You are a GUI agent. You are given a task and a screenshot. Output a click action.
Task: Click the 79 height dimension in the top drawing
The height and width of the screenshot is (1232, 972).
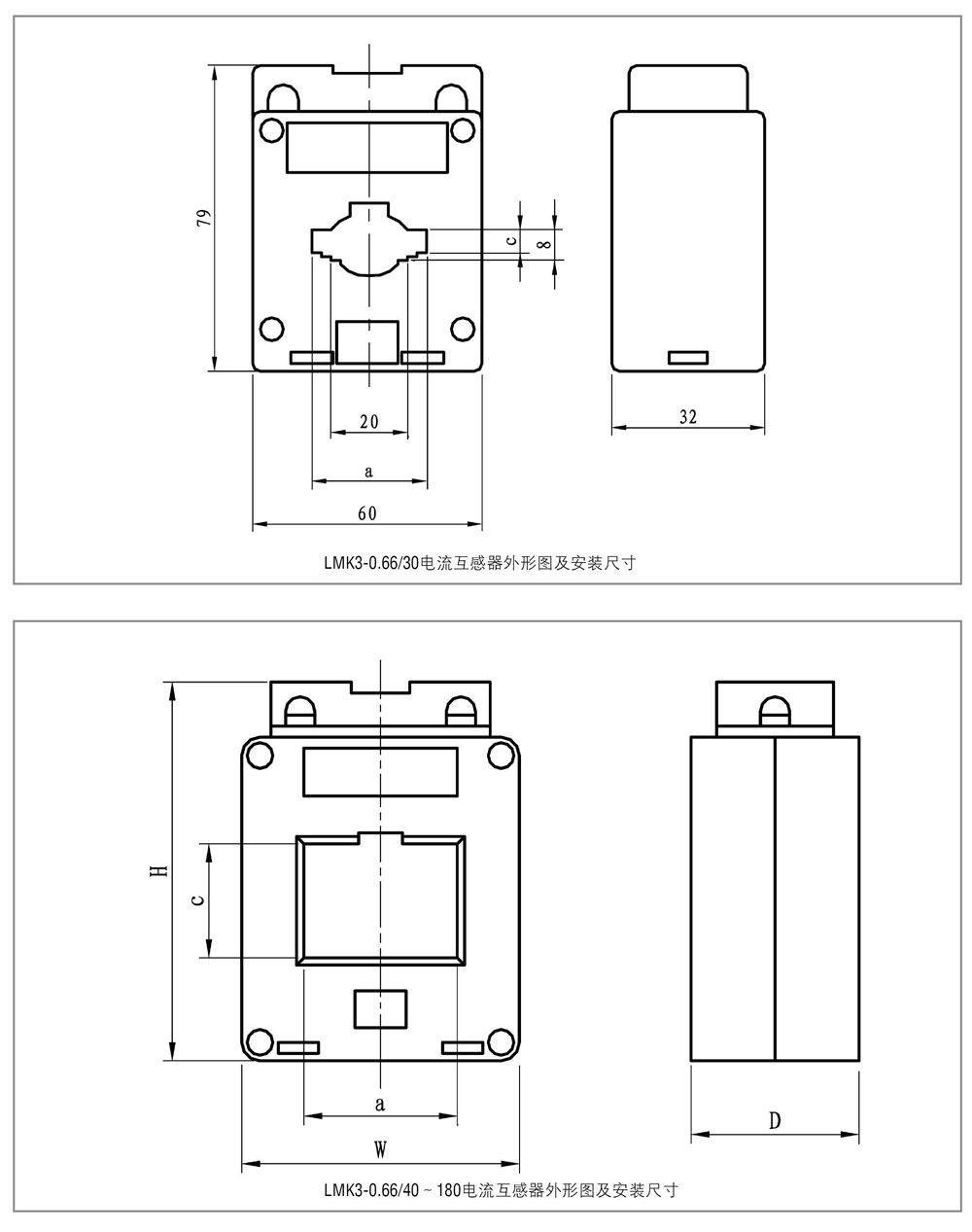click(204, 218)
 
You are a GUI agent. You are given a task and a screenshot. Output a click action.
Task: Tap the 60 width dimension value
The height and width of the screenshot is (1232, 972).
click(367, 513)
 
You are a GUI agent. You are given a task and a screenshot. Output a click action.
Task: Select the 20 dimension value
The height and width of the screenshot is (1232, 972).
click(369, 421)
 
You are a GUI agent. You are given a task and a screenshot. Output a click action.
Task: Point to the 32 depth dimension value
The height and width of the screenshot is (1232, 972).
click(688, 417)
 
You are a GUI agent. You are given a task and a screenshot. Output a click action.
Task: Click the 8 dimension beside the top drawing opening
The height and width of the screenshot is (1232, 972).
click(545, 244)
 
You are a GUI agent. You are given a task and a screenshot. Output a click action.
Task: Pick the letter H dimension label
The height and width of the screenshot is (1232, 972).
click(162, 870)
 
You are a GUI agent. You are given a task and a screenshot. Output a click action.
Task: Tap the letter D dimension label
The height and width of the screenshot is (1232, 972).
click(775, 1120)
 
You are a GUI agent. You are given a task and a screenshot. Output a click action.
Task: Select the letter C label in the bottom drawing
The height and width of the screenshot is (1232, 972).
click(198, 900)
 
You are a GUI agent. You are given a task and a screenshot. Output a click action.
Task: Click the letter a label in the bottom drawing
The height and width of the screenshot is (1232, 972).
click(380, 1104)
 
